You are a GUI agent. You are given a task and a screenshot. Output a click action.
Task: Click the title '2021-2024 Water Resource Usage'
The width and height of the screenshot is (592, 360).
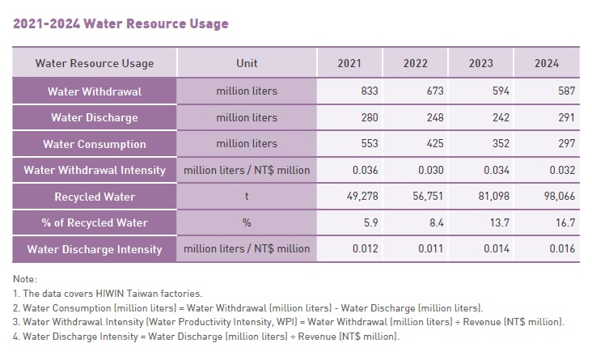click(121, 23)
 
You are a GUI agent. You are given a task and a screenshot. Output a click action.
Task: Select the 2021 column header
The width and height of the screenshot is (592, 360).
click(350, 63)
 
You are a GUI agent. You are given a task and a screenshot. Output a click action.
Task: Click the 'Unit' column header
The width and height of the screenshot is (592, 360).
click(247, 63)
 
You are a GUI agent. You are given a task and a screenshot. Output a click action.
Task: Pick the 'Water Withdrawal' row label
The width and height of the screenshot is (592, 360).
click(95, 91)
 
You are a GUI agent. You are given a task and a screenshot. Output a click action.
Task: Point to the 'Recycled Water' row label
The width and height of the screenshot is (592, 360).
click(95, 197)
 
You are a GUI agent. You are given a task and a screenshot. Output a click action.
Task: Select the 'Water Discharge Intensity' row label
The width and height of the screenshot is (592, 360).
click(95, 249)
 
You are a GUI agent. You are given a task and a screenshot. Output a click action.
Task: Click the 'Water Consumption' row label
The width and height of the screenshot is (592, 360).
click(95, 144)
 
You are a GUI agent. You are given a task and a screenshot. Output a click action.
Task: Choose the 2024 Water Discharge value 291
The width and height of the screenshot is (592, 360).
click(565, 117)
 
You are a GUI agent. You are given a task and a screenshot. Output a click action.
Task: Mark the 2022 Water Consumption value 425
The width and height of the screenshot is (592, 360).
click(434, 144)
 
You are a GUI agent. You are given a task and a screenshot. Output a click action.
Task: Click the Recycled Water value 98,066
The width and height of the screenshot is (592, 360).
click(559, 197)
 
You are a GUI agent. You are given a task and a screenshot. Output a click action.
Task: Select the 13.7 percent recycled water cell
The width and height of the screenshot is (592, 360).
click(500, 223)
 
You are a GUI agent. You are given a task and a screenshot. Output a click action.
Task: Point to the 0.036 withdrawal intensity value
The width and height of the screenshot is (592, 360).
click(364, 170)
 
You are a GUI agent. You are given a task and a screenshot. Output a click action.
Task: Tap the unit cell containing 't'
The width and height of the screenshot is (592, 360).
click(247, 197)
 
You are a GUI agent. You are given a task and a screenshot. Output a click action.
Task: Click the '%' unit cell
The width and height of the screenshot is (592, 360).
click(247, 223)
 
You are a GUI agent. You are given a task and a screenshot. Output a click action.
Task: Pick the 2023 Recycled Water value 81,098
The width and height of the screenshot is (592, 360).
click(493, 197)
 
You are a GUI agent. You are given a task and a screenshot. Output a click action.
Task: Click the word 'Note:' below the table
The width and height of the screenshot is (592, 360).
click(26, 279)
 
